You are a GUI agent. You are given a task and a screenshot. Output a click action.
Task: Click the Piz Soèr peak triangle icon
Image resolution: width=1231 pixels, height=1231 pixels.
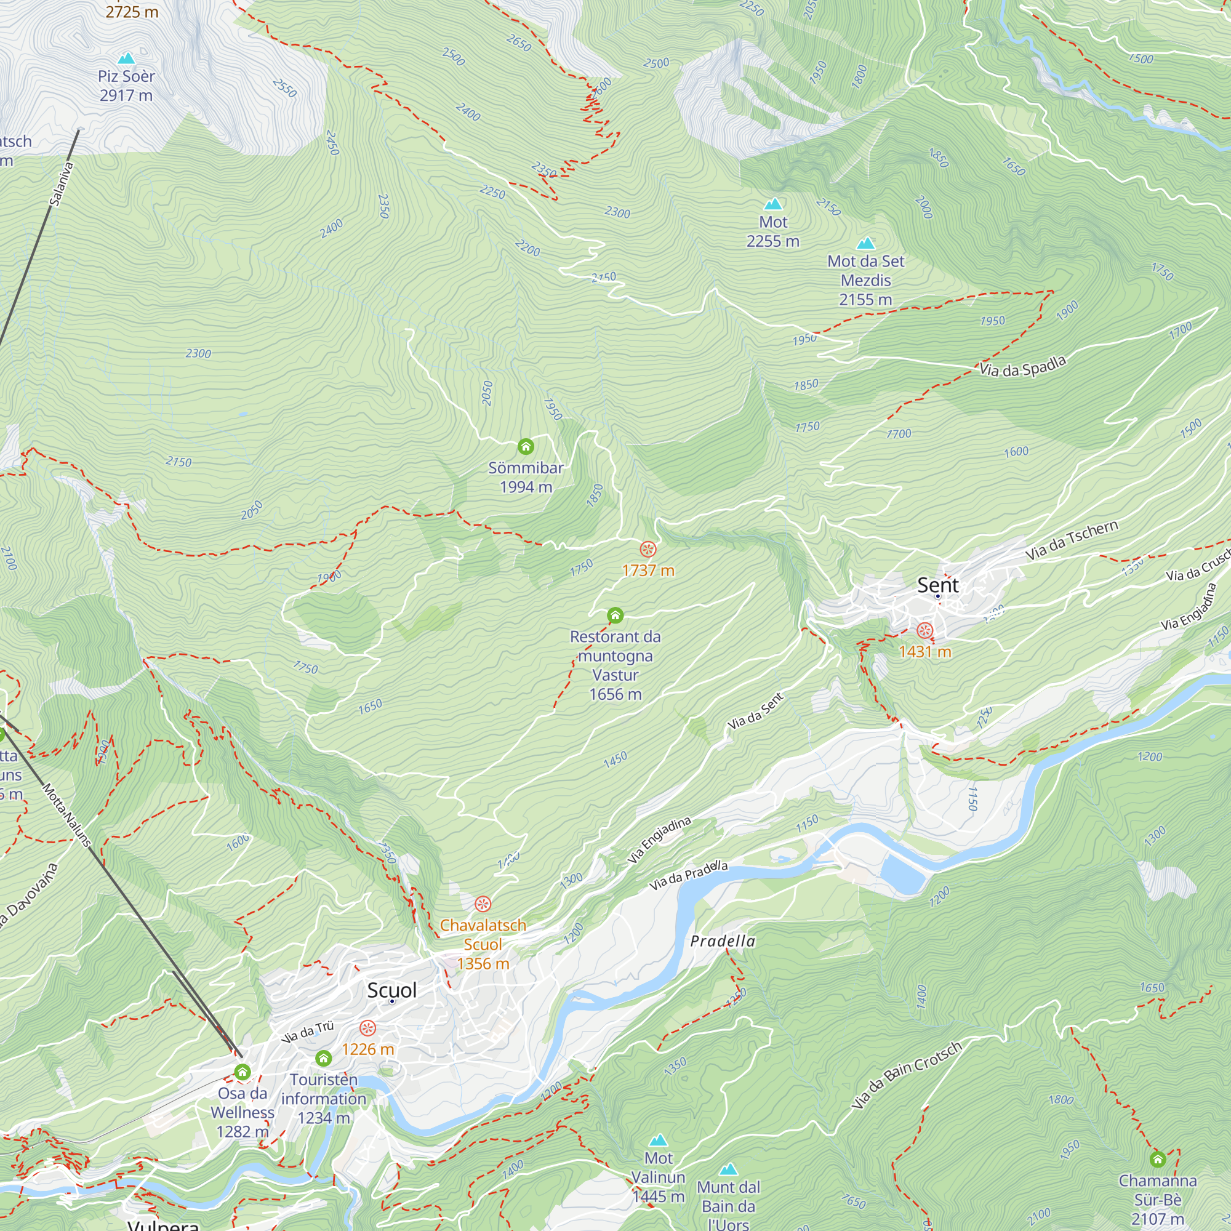point(126,58)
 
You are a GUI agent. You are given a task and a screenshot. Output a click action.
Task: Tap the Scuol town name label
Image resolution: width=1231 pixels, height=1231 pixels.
point(392,990)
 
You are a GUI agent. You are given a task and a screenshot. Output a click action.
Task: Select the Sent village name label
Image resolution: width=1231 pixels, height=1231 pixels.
point(937,585)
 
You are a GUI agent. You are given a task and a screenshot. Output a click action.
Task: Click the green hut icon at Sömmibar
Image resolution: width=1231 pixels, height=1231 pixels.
point(526,447)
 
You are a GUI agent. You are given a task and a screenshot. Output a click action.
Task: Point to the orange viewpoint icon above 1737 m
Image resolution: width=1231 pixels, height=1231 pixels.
point(648,549)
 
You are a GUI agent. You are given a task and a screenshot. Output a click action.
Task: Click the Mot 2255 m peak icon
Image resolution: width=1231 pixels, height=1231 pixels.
point(773,204)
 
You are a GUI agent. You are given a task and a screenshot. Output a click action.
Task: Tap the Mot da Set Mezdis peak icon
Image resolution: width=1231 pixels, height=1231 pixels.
point(865,243)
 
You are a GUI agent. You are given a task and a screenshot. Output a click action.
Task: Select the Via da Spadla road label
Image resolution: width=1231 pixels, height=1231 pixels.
point(1022,367)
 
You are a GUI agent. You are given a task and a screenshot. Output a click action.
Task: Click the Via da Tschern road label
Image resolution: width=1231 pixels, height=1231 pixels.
point(1072,540)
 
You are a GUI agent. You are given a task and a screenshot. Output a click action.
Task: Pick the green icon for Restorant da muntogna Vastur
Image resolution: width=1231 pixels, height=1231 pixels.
point(615,615)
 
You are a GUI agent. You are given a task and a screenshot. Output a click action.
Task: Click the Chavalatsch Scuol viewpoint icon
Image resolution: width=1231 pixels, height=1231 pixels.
point(483,904)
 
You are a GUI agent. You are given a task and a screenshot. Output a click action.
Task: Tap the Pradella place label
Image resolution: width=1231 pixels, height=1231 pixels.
point(723,942)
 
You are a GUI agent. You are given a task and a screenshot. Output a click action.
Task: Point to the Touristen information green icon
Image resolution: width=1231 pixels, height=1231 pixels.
point(324,1058)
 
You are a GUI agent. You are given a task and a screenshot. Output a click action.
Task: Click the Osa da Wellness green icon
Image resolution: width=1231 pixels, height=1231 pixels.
point(242,1072)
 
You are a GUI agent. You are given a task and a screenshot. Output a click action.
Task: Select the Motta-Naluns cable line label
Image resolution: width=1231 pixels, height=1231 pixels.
point(67,816)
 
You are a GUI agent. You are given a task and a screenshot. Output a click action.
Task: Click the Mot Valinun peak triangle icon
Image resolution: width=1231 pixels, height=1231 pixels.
point(658,1140)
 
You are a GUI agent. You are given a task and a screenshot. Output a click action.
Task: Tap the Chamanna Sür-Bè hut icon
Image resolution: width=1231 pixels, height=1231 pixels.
point(1158,1159)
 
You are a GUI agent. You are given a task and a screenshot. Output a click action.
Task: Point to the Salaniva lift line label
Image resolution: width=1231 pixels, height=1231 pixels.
point(62,184)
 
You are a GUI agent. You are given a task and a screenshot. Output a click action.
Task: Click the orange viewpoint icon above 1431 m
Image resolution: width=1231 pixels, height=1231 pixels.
point(924,631)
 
